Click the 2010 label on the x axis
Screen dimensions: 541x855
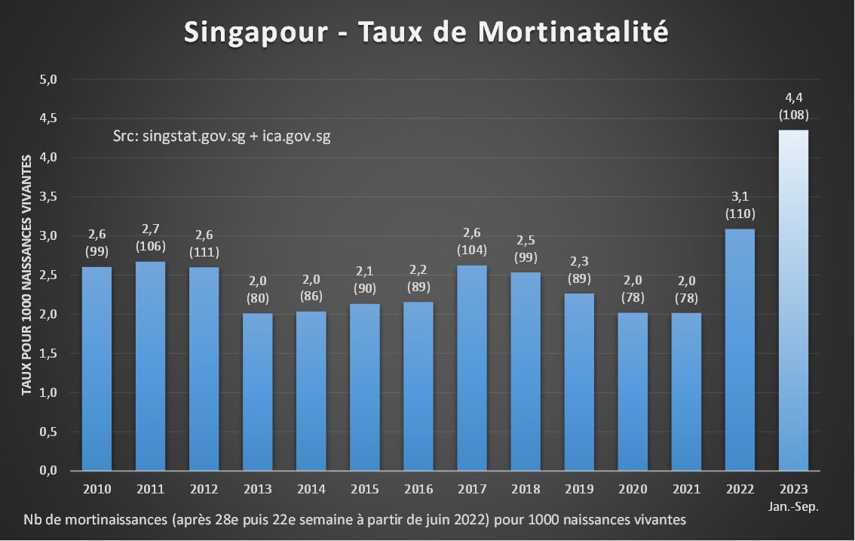(x=97, y=489)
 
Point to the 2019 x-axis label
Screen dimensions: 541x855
(x=579, y=489)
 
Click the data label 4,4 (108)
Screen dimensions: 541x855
(x=794, y=106)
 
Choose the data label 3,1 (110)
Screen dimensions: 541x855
(x=740, y=205)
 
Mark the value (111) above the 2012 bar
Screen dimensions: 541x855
(x=204, y=251)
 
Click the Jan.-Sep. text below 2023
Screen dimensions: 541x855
(x=794, y=506)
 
